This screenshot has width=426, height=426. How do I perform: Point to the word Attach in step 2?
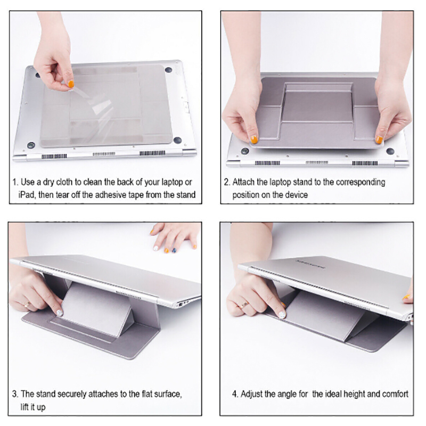243,182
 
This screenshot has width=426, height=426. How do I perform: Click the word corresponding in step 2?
361,183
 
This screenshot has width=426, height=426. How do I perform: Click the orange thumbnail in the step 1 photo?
71,84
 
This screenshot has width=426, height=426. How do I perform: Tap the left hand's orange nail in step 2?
254,140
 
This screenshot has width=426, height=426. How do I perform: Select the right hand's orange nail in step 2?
379,140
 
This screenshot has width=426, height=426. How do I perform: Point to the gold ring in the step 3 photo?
27,305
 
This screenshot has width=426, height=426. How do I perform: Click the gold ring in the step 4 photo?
244,305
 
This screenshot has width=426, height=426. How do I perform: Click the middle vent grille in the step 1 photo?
104,154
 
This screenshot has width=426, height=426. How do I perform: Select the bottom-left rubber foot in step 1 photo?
31,145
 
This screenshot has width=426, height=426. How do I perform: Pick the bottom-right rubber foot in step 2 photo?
390,151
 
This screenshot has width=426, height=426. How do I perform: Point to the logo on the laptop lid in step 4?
310,264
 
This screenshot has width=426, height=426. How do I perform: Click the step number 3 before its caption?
14,394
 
